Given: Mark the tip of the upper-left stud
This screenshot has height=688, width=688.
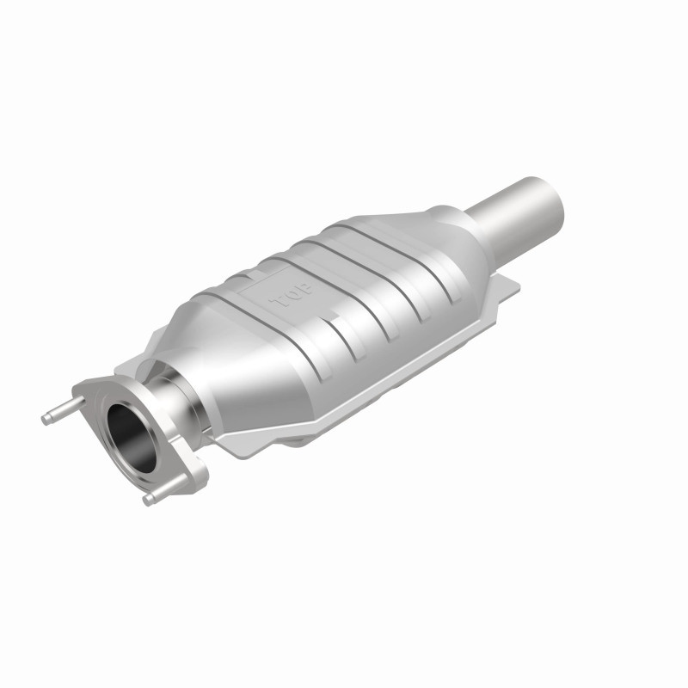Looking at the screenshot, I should [x=46, y=419].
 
